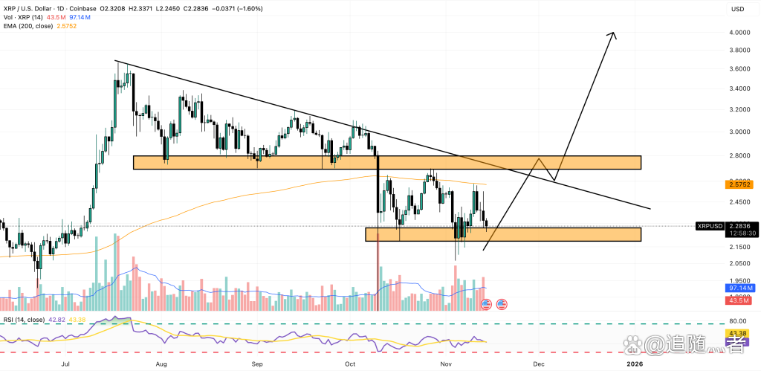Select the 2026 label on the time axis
pos(634,364)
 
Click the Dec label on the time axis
pos(538,364)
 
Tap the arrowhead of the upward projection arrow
pos(613,34)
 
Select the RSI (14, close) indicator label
pos(25,320)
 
